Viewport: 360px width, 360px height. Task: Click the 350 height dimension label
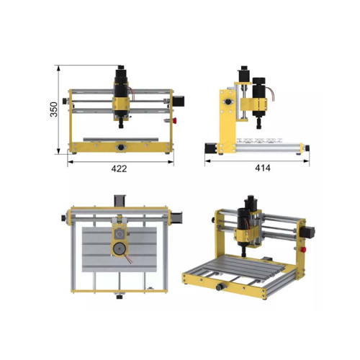[x=53, y=109]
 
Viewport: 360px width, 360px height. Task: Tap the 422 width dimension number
[x=120, y=170]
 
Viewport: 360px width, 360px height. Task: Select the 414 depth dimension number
[x=261, y=170]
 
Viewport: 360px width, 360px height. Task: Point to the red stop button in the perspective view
[x=302, y=249]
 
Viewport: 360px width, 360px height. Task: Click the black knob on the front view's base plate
[x=120, y=147]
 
